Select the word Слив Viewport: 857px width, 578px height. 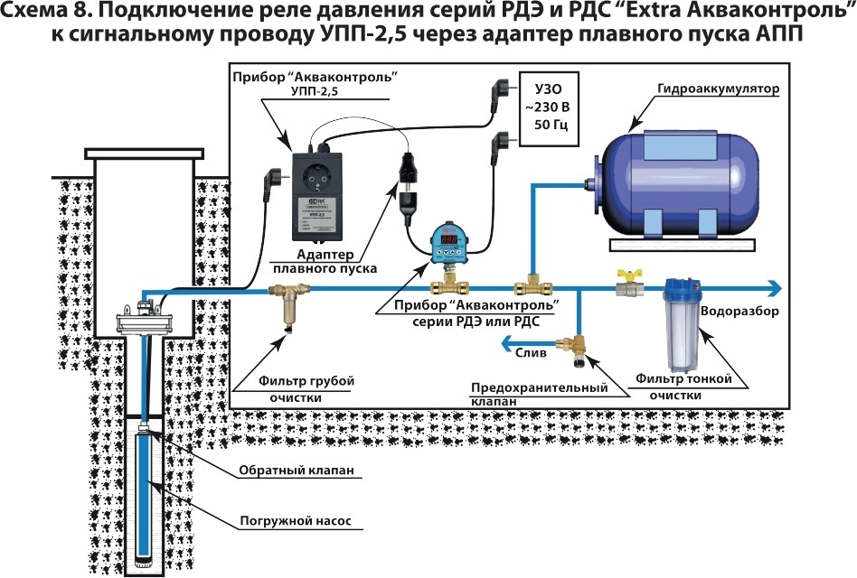(x=532, y=354)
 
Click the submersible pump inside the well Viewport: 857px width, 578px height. (x=145, y=497)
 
